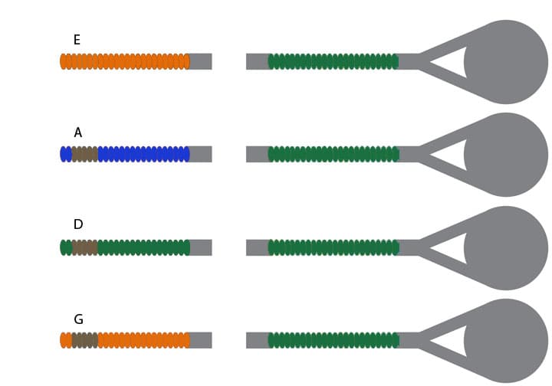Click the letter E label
[77, 40]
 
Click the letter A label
[77, 132]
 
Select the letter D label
[77, 224]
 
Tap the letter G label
[78, 319]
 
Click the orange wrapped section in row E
[125, 61]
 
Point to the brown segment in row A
[84, 154]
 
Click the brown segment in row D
[84, 247]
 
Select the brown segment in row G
[84, 340]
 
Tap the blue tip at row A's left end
[65, 154]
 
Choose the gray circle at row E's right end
[508, 61]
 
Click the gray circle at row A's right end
[508, 154]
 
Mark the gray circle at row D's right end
[508, 247]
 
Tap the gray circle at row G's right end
[508, 340]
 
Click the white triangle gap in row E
[453, 62]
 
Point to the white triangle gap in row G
[453, 341]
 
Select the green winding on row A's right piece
[333, 154]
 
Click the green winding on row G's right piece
[333, 340]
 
